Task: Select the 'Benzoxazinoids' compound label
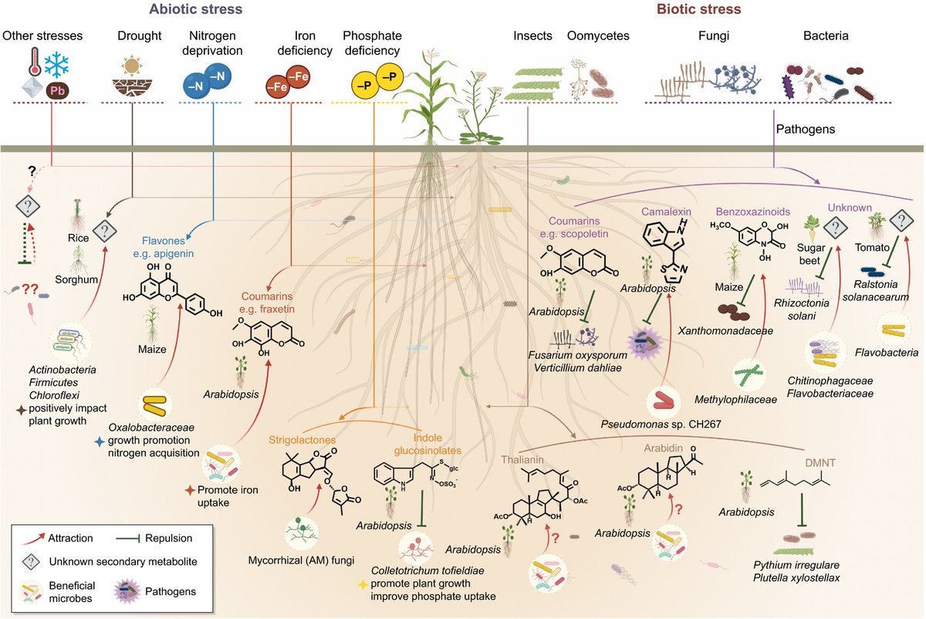[x=749, y=211]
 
